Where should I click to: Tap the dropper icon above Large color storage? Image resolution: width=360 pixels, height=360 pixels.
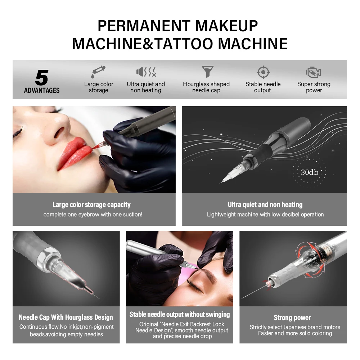(x=98, y=71)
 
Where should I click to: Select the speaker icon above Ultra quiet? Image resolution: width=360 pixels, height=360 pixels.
(x=146, y=72)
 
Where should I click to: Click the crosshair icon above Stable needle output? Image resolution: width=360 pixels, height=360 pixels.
(x=263, y=72)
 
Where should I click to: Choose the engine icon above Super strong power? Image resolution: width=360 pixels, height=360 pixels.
(x=313, y=72)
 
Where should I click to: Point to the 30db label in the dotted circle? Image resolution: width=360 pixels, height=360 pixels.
(x=309, y=172)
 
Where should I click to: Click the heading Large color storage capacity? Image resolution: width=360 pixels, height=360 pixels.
(x=91, y=205)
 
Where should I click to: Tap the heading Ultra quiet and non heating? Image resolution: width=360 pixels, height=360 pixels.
(x=265, y=205)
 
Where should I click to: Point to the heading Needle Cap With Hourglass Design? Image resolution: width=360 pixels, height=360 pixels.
(x=66, y=318)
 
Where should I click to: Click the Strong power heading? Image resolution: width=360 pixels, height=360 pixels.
(x=292, y=318)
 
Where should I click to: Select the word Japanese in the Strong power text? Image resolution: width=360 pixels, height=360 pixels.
(x=292, y=327)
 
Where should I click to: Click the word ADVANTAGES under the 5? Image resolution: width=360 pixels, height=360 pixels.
(x=42, y=90)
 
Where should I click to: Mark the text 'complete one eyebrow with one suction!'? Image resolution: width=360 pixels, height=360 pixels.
(x=93, y=215)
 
